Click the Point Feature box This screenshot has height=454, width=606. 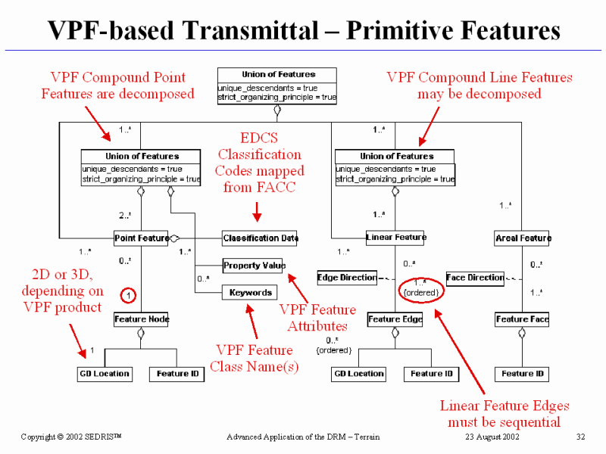pyautogui.click(x=142, y=238)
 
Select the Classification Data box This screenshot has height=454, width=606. pyautogui.click(x=260, y=238)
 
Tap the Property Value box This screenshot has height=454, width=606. pyautogui.click(x=254, y=266)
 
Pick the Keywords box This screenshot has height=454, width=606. pyautogui.click(x=250, y=292)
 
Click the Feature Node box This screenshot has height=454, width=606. pyautogui.click(x=142, y=319)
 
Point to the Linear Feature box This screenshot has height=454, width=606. pyautogui.click(x=395, y=238)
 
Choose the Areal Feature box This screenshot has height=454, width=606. pyautogui.click(x=523, y=238)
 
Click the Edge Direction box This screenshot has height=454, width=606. pyautogui.click(x=347, y=278)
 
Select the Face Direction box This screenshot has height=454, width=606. pyautogui.click(x=475, y=278)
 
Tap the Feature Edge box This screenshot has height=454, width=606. pyautogui.click(x=395, y=319)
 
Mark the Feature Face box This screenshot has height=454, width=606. pyautogui.click(x=523, y=319)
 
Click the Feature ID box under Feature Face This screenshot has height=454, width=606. pyautogui.click(x=523, y=374)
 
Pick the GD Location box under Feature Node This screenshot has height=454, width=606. pyautogui.click(x=105, y=374)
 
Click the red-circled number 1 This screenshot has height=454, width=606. pyautogui.click(x=129, y=294)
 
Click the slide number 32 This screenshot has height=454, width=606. pyautogui.click(x=581, y=437)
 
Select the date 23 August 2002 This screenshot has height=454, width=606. pyautogui.click(x=493, y=437)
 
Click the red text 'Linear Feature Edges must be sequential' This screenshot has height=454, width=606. pyautogui.click(x=504, y=413)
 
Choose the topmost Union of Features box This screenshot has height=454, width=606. pyautogui.click(x=278, y=86)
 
